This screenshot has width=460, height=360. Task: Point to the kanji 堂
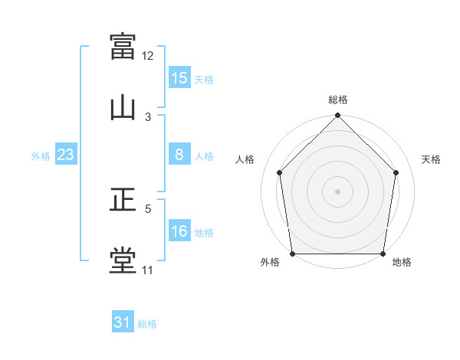pos(123,260)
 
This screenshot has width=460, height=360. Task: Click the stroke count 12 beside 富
pos(148,55)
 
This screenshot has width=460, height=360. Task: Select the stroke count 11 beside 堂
pos(148,270)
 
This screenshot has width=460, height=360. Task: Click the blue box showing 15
pos(179,77)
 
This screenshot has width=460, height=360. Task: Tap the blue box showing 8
pos(179,155)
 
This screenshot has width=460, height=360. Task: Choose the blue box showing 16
pos(179,231)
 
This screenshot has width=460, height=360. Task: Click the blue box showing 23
pos(66,155)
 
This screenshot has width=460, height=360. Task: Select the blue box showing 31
pos(123,322)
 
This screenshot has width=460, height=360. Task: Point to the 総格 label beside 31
pos(147,324)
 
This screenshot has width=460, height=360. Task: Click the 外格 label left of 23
pos(41,156)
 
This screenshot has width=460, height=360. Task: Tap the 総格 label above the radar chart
pos(338,100)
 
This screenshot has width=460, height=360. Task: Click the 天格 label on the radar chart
pos(432,159)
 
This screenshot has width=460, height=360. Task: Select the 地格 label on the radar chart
pos(402,262)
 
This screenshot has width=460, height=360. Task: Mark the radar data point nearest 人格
pos(280,172)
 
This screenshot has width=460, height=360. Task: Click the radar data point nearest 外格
pos(293,254)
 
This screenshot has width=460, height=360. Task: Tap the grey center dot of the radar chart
pos(338,191)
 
